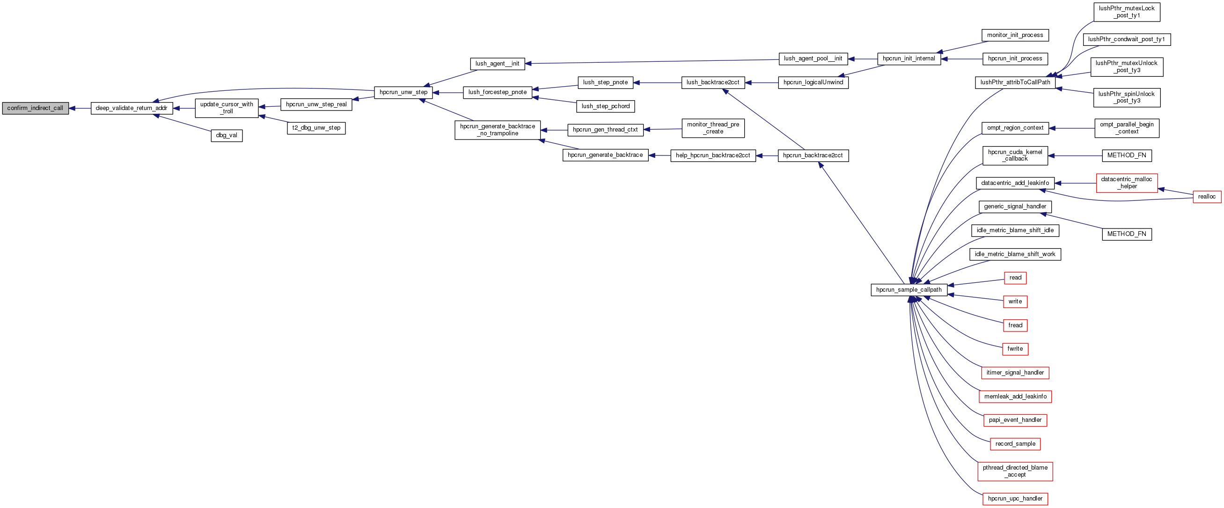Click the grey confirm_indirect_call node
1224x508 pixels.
[x=35, y=108]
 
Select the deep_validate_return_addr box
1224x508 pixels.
[x=132, y=108]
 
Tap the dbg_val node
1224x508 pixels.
[x=227, y=135]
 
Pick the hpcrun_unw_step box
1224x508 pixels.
[x=403, y=92]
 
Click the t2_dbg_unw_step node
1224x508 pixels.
[x=316, y=128]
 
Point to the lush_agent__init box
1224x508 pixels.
[x=497, y=64]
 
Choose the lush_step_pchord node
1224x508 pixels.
[x=605, y=106]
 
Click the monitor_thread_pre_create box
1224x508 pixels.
[x=713, y=128]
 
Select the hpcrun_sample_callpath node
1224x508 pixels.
[x=909, y=290]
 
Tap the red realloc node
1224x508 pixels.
[x=1206, y=197]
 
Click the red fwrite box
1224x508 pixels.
[x=1015, y=349]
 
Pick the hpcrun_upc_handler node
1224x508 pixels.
[x=1015, y=499]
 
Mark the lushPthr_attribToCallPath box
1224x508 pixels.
[x=1015, y=83]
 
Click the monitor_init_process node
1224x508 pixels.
[x=1015, y=35]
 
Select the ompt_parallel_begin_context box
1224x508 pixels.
[x=1127, y=128]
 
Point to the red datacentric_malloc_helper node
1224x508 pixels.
[x=1127, y=183]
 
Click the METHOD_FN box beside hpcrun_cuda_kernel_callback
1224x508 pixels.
[x=1127, y=155]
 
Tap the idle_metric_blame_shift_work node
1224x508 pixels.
[x=1015, y=254]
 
